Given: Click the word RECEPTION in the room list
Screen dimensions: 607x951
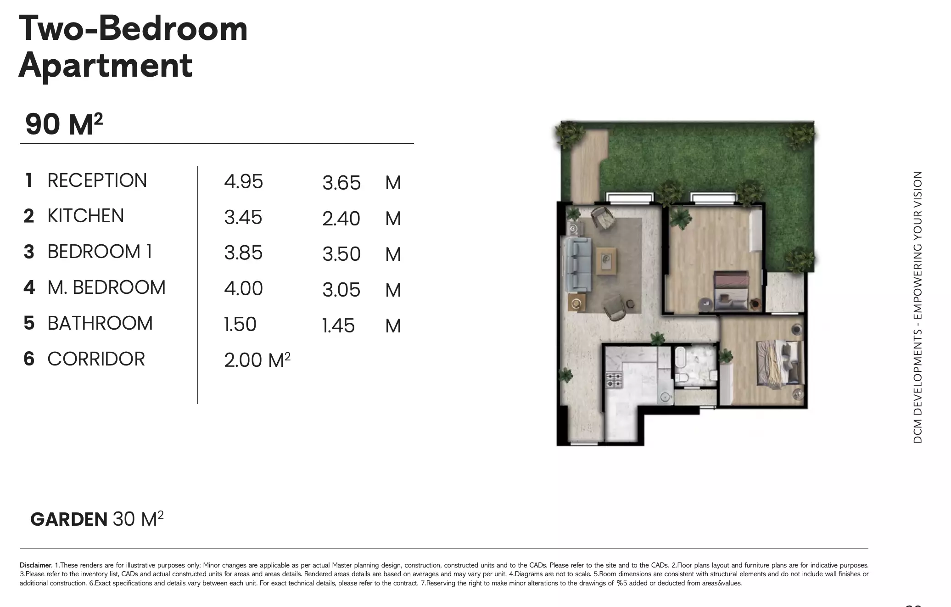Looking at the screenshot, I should pos(97,180).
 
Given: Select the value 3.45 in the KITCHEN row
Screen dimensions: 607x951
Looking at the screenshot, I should pos(243,217).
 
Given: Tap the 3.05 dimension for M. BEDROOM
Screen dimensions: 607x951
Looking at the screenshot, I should pos(341,290).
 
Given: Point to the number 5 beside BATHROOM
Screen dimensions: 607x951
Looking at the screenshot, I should pos(29,323).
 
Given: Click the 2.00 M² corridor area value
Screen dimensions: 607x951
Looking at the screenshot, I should pos(257,360).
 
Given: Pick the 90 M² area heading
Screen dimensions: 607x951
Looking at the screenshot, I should pos(64,124).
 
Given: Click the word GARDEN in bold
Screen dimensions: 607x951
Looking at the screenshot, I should pos(69,519).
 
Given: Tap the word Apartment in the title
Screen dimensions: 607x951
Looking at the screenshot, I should pos(105,65).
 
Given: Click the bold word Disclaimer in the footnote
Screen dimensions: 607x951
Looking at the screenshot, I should pos(36,565).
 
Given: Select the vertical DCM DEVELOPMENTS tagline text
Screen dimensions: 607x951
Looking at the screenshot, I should pos(917,307).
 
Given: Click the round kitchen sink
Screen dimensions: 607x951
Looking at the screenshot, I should pos(664,397).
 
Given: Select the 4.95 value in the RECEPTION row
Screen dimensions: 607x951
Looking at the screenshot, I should pos(243,181).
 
